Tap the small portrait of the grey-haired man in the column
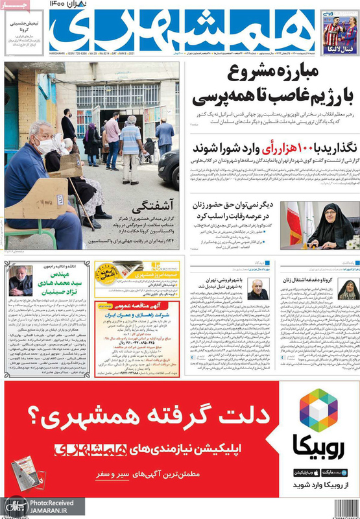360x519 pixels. (x=258, y=290)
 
